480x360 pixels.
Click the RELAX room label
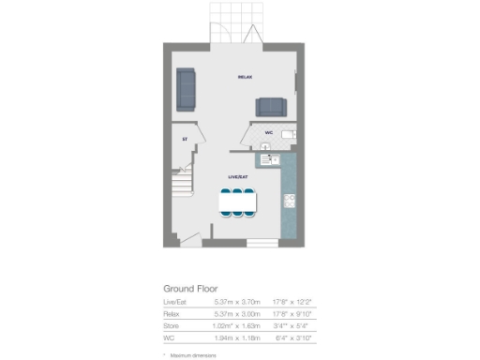point(247,77)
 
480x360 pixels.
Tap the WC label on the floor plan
point(269,133)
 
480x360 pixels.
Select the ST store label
point(185,140)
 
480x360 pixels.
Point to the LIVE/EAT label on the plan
point(238,176)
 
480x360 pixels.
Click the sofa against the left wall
point(187,88)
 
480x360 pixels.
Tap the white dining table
point(238,202)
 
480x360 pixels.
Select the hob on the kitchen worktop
point(290,201)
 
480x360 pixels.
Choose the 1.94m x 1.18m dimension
point(234,337)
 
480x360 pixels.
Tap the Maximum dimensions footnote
point(193,355)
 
